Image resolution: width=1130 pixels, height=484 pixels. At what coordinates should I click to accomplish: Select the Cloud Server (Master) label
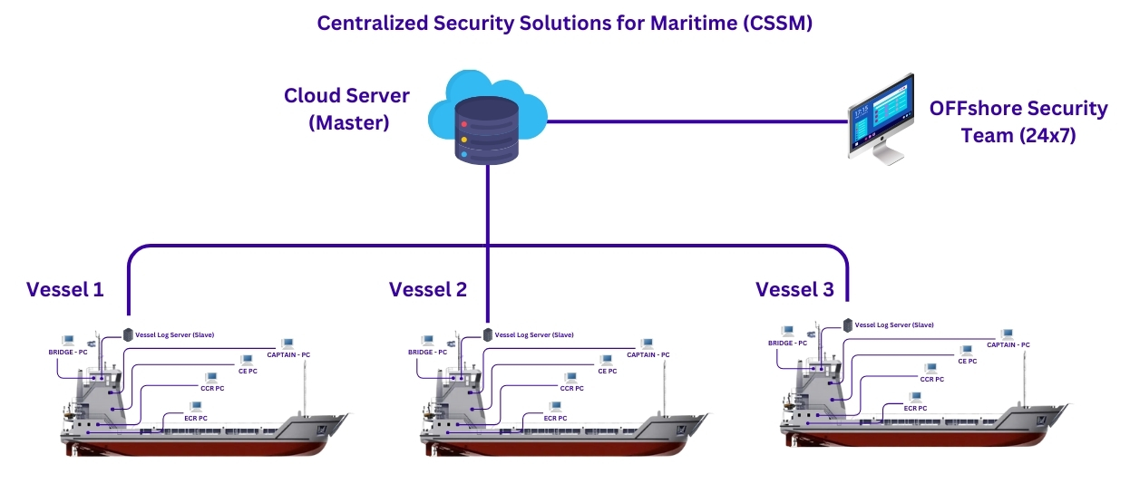pos(346,109)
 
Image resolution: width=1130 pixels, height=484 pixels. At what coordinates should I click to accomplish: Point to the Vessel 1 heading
pos(65,290)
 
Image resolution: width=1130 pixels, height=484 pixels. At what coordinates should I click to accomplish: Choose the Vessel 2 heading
pos(428,290)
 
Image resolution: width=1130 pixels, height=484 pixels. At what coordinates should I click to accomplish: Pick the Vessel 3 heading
pos(794,290)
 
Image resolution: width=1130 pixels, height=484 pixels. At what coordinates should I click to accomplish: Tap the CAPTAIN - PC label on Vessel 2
pos(648,355)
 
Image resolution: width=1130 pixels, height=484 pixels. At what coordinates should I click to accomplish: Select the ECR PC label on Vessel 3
pos(915,409)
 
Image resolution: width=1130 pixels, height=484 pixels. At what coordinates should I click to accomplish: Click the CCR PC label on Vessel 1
pos(212,388)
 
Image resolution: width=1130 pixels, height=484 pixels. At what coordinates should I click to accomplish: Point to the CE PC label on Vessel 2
pos(607,371)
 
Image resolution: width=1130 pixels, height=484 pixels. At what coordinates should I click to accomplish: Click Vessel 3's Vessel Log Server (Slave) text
pos(894,324)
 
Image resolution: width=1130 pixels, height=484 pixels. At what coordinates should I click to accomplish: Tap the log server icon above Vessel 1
pos(128,334)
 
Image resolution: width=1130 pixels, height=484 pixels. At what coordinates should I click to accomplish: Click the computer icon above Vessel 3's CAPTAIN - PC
pos(1007,334)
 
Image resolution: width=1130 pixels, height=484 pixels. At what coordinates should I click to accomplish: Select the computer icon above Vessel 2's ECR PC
pos(555,407)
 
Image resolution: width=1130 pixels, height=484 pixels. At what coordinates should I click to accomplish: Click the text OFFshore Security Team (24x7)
pos(1018,122)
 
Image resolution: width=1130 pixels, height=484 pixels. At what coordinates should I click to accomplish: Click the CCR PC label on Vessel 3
pos(931,380)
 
